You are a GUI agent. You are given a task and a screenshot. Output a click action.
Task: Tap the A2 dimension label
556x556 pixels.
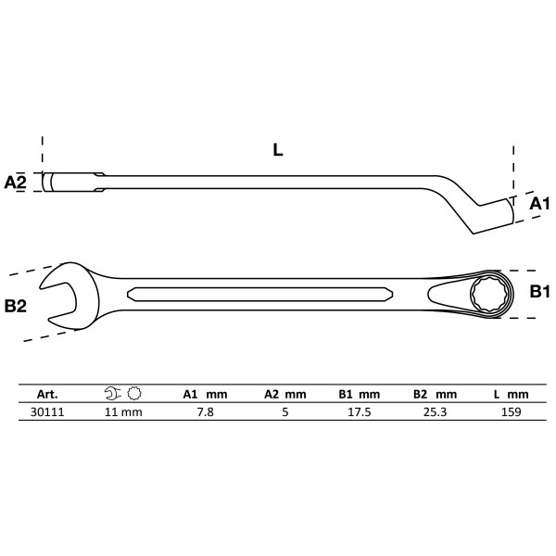[16, 182]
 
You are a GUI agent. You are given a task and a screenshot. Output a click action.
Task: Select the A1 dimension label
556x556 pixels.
[539, 203]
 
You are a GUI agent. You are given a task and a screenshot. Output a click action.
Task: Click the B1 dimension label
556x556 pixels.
[539, 292]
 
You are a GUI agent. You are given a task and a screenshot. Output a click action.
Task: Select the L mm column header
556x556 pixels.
[511, 394]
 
